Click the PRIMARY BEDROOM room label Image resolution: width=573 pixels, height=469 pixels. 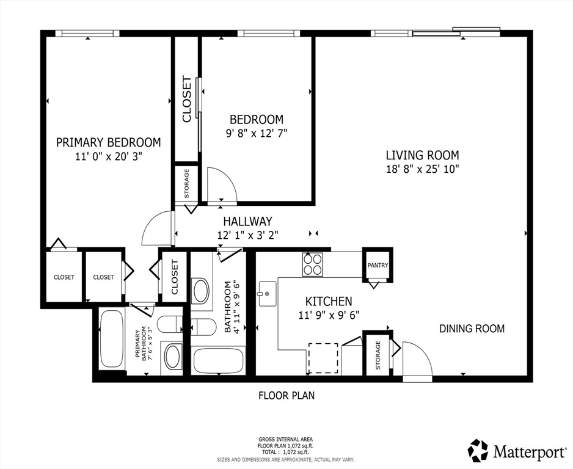108,142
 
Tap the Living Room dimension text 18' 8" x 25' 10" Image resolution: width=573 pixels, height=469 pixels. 423,169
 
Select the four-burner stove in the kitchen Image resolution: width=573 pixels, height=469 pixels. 312,264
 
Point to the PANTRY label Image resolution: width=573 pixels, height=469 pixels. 378,266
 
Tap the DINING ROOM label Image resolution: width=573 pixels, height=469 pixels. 472,329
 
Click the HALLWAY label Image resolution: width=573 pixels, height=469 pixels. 248,221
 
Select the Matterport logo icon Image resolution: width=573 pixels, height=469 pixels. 478,450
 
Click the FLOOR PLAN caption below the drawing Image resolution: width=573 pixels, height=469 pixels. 286,395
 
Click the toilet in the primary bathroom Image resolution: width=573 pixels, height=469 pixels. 170,324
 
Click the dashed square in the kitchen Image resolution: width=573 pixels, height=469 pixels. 323,358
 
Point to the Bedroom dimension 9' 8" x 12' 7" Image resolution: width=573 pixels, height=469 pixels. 257,133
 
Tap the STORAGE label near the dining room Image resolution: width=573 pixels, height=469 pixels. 378,355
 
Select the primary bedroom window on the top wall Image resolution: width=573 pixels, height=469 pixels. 87,33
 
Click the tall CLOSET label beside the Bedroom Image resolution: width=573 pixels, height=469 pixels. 186,99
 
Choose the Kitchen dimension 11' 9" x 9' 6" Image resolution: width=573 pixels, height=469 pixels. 329,315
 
